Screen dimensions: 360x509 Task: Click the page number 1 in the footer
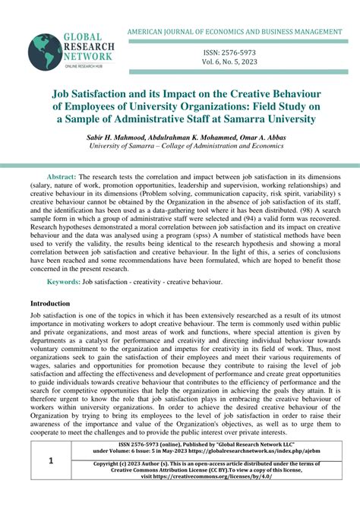(51, 482)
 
